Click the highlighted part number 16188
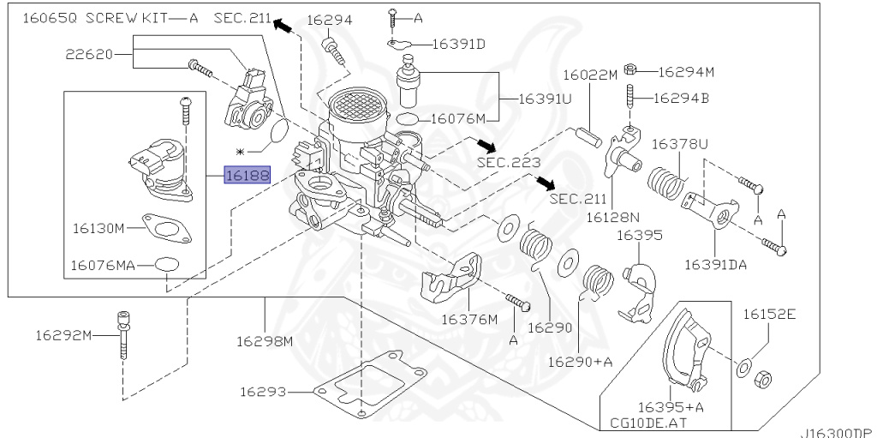(x=247, y=176)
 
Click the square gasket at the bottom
(x=369, y=385)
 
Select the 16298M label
(x=265, y=341)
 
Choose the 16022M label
(x=589, y=75)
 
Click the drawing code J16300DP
(x=838, y=433)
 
